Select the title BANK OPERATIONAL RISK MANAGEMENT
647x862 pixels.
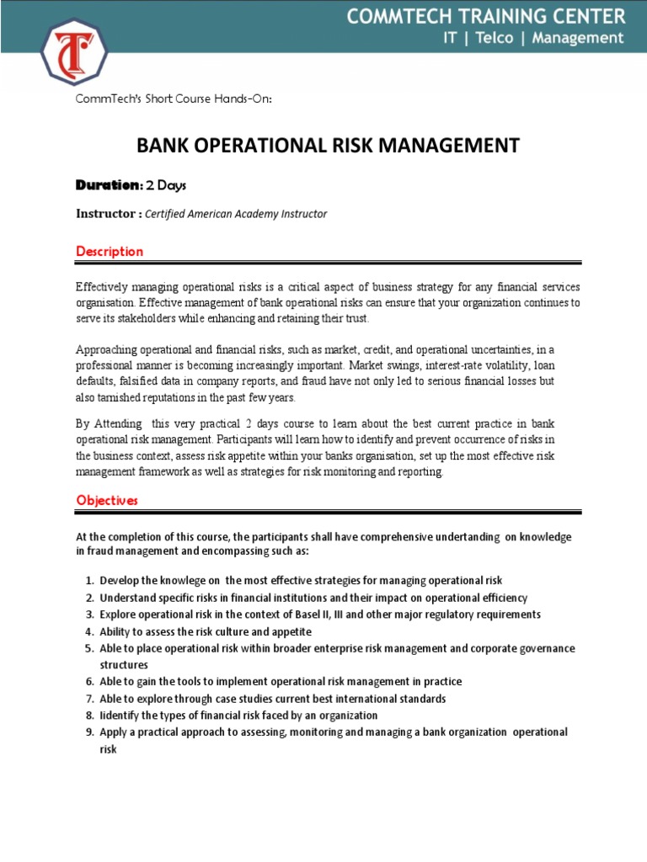(328, 146)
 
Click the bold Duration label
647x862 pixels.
(106, 184)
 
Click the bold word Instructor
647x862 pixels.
(107, 214)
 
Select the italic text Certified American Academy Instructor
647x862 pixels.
(236, 214)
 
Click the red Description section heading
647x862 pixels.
(110, 251)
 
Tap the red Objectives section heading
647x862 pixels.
(107, 500)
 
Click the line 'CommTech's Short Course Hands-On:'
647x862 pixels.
(174, 98)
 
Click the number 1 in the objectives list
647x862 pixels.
(88, 581)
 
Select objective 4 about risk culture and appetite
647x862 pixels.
(206, 631)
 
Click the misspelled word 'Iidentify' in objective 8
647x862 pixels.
(122, 716)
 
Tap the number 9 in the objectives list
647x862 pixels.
(88, 732)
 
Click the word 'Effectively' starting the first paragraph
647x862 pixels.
(102, 288)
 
